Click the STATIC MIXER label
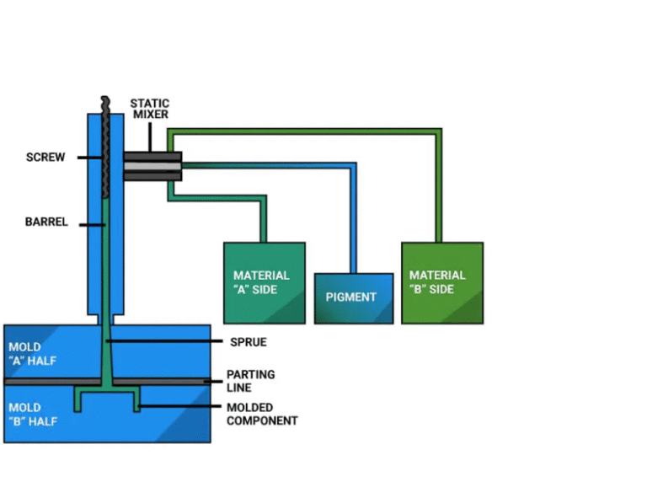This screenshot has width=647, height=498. (149, 109)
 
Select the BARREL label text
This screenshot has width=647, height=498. (46, 223)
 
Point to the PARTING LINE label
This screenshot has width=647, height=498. (250, 381)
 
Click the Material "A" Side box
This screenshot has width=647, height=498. (264, 282)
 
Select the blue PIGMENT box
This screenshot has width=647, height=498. (353, 297)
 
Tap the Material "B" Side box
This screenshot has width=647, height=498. (441, 282)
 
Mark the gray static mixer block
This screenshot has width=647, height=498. (152, 166)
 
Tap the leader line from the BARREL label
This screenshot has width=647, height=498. (89, 224)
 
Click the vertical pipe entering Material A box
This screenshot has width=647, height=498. (264, 221)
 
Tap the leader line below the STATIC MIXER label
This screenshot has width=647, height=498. (149, 136)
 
